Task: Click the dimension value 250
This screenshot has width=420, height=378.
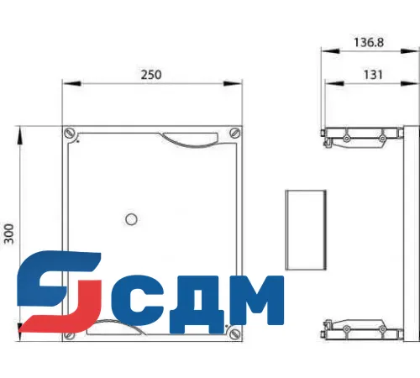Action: point(150,74)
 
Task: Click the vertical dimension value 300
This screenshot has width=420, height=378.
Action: point(9,233)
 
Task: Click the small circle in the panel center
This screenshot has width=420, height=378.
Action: point(130,219)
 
